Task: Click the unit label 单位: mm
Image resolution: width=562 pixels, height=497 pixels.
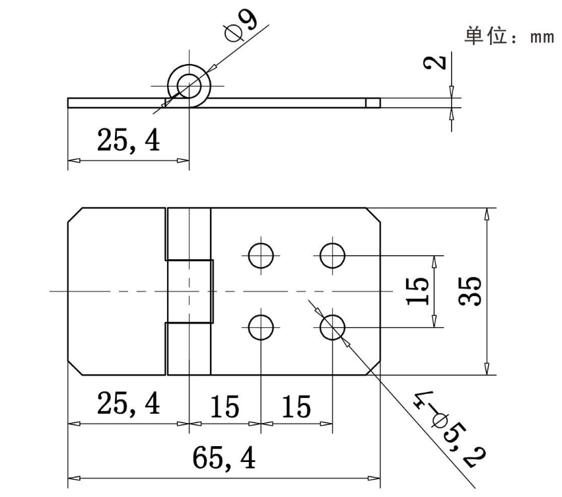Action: point(509,36)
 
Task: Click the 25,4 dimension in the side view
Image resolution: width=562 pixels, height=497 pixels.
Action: point(128,140)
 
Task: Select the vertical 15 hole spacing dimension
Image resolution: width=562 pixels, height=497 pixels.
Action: point(418,291)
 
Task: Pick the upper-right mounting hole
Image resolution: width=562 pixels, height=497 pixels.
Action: point(332,254)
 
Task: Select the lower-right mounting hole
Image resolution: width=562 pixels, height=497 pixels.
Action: point(332,326)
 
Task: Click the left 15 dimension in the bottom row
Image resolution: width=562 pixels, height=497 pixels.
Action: point(225,406)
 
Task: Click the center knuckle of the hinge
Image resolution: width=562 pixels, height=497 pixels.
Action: point(189,291)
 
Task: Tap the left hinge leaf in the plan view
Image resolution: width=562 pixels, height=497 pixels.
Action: point(116,291)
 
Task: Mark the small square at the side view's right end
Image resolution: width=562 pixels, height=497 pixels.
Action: point(373,102)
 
